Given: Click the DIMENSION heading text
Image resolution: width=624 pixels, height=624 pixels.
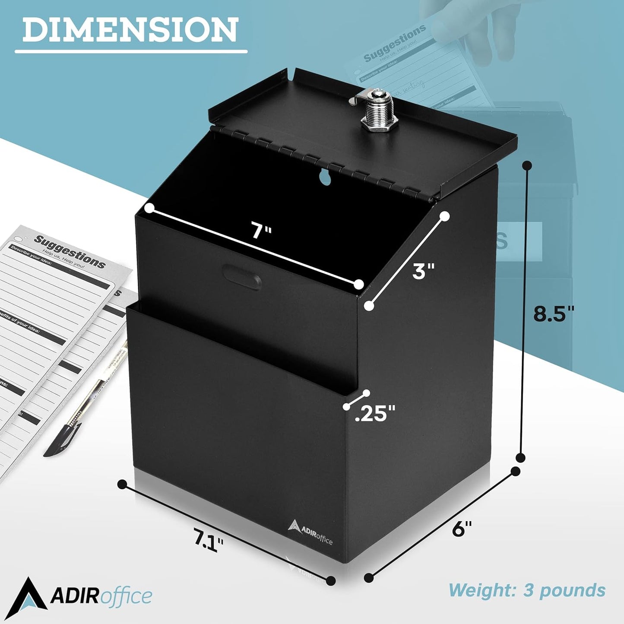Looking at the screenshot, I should [130, 30].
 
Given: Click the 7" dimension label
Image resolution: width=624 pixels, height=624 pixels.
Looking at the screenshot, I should [261, 230].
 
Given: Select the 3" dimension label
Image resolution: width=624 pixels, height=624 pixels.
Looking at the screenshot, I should [423, 271].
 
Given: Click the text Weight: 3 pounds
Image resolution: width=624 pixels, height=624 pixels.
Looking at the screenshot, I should [527, 590].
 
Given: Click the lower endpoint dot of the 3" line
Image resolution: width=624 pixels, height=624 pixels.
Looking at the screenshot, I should [369, 306].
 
